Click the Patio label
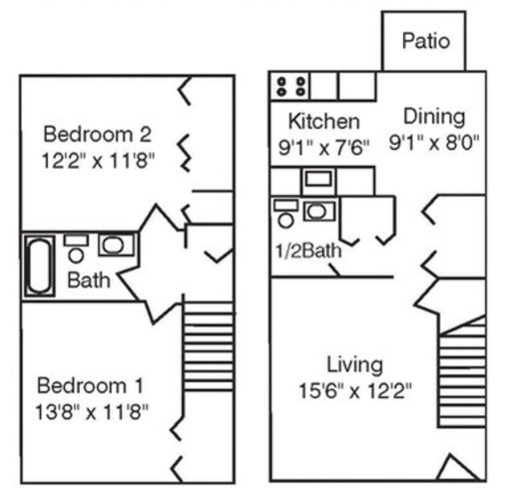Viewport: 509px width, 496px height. click(x=426, y=41)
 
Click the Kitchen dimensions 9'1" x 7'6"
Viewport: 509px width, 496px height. click(x=324, y=148)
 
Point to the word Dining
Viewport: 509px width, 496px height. click(x=434, y=117)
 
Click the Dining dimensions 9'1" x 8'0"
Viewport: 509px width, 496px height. click(x=434, y=143)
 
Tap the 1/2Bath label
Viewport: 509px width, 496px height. click(x=308, y=251)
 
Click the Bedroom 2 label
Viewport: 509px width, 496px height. click(x=97, y=135)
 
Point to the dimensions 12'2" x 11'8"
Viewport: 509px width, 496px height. click(x=98, y=161)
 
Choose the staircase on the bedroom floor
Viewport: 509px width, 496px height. click(x=208, y=346)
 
